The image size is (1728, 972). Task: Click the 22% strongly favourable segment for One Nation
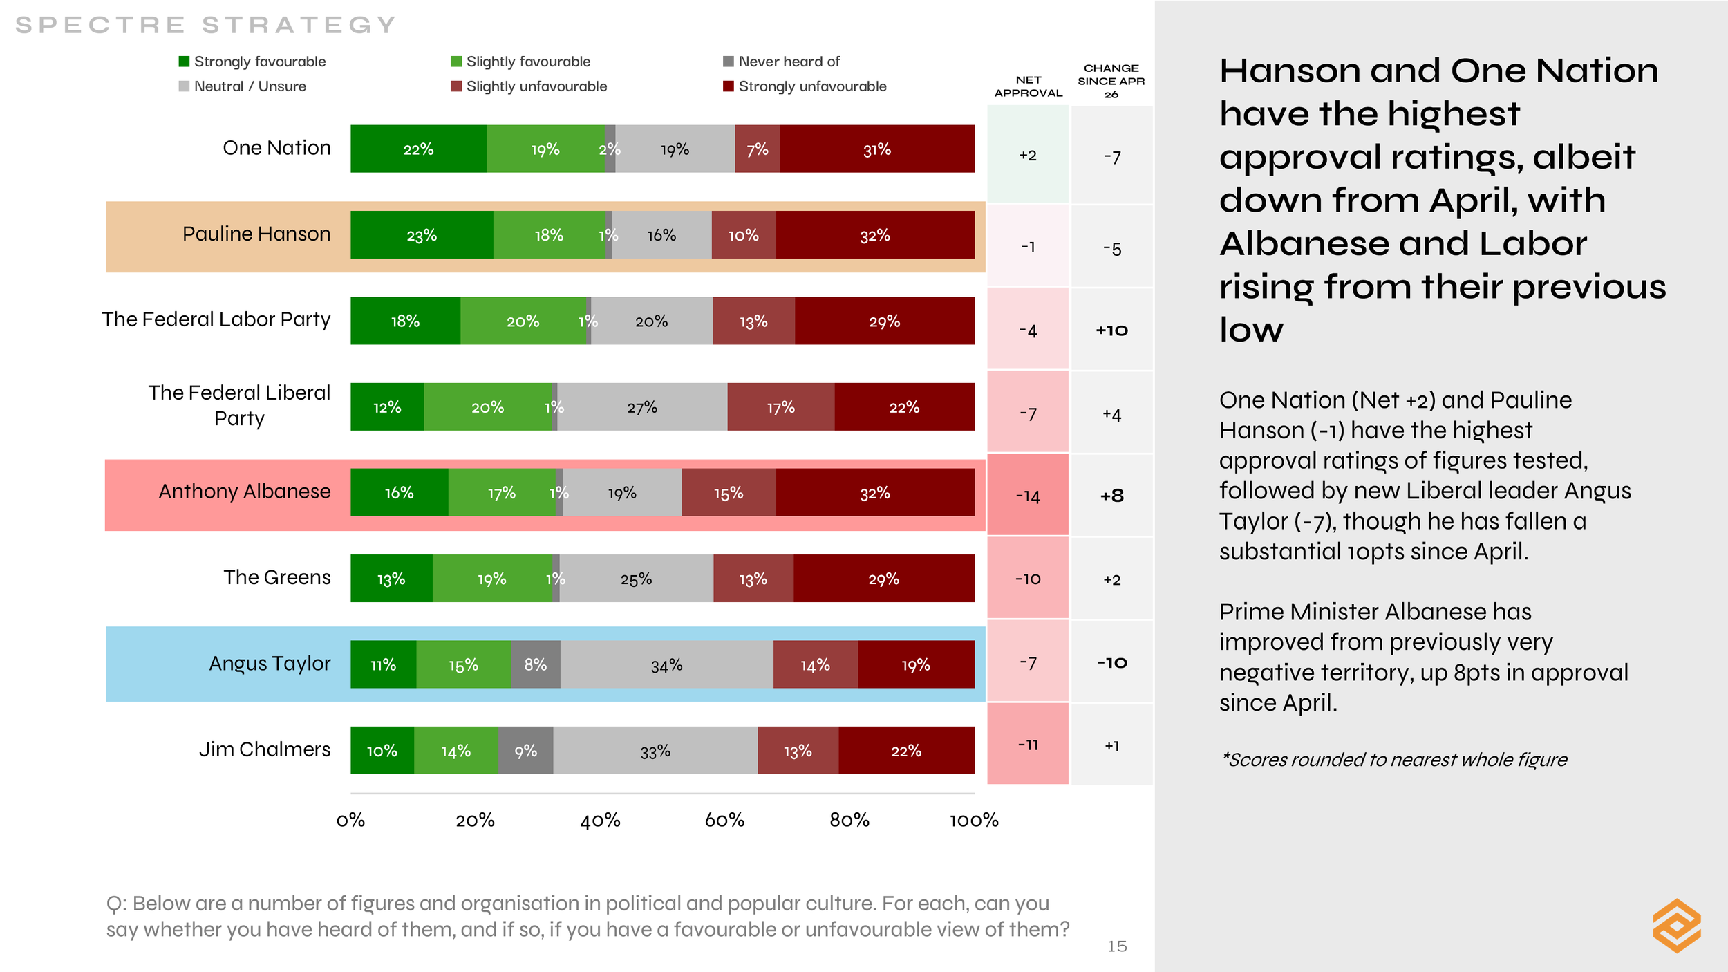(418, 149)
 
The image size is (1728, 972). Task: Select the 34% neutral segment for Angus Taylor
(666, 664)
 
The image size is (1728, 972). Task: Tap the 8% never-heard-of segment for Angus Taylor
(536, 664)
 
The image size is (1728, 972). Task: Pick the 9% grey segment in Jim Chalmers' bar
(525, 750)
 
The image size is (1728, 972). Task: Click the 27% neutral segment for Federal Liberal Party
(642, 406)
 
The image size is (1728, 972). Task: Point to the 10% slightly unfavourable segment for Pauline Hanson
(744, 235)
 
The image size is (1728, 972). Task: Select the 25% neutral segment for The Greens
(637, 578)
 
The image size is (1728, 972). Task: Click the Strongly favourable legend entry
(252, 62)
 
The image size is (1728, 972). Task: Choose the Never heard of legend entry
(781, 62)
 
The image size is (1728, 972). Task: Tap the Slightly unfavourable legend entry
(529, 86)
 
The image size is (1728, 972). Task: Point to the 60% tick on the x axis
(724, 820)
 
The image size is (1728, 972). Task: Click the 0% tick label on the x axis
(350, 820)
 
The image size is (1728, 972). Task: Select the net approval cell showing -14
(1028, 495)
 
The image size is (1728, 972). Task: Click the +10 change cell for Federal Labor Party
(1111, 330)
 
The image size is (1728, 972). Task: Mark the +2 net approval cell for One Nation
(1028, 155)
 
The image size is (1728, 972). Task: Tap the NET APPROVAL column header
(1029, 86)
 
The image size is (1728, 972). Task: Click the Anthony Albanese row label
(245, 491)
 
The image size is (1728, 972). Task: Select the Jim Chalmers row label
(265, 749)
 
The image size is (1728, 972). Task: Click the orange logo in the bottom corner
(1677, 926)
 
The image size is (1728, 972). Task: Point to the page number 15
(1117, 946)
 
